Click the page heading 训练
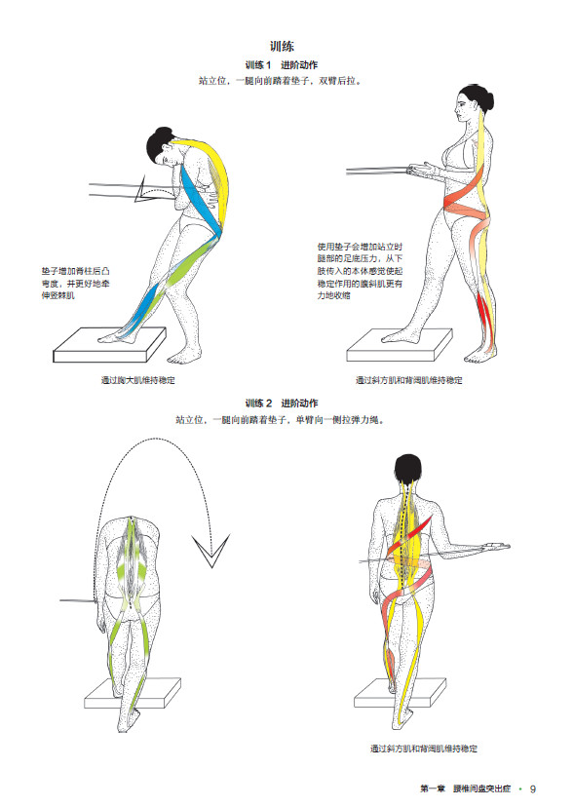pyautogui.click(x=282, y=47)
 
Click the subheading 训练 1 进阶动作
pyautogui.click(x=282, y=65)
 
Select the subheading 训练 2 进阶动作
pyautogui.click(x=282, y=403)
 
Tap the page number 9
pyautogui.click(x=533, y=788)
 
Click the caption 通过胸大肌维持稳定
pyautogui.click(x=138, y=380)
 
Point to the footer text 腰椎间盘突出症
pyautogui.click(x=481, y=788)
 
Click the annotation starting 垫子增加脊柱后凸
pyautogui.click(x=76, y=283)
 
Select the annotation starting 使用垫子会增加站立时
pyautogui.click(x=360, y=271)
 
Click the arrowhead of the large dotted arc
pyautogui.click(x=211, y=551)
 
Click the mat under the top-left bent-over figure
pyautogui.click(x=110, y=345)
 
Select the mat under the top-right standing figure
pyautogui.click(x=400, y=345)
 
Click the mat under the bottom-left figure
pyautogui.click(x=133, y=693)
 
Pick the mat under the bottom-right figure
pyautogui.click(x=400, y=693)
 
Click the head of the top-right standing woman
pyautogui.click(x=469, y=101)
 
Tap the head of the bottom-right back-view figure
pyautogui.click(x=407, y=469)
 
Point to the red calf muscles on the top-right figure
pyautogui.click(x=485, y=314)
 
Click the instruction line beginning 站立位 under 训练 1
pyautogui.click(x=281, y=81)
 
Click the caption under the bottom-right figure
pyautogui.click(x=424, y=749)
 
